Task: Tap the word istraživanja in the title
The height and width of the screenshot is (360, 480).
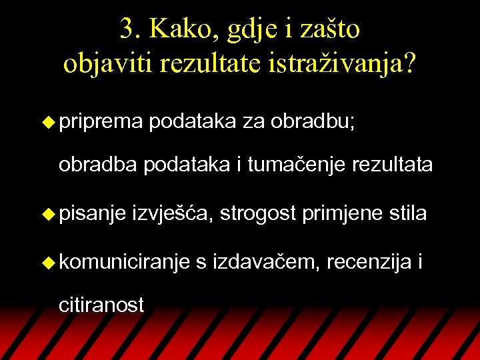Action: click(x=343, y=63)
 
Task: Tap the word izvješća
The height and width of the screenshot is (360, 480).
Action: click(x=174, y=215)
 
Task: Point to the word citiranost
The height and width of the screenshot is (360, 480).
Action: click(x=101, y=305)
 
